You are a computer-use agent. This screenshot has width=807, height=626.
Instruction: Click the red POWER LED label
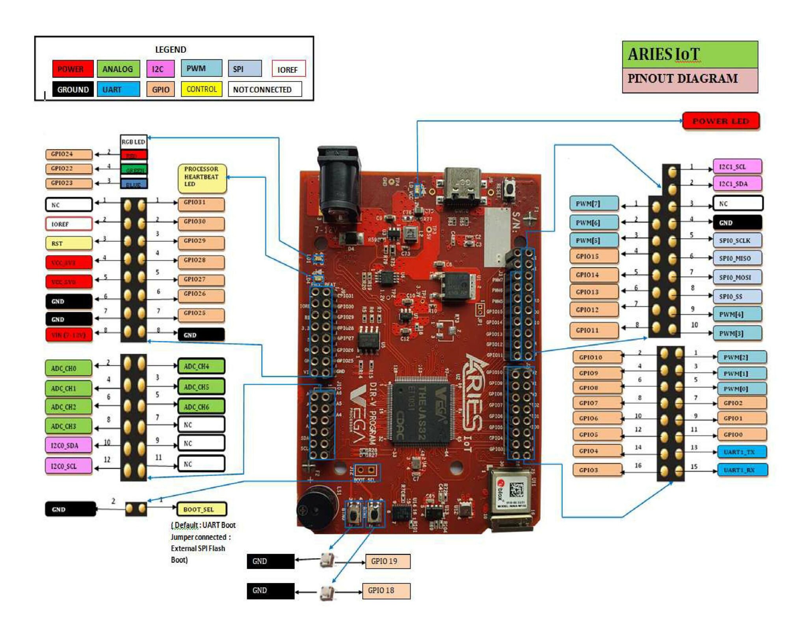coord(720,121)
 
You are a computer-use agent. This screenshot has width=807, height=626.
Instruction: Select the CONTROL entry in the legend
coord(201,89)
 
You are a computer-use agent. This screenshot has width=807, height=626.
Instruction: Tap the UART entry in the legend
coord(118,89)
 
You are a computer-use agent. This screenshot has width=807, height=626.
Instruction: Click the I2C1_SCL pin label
coord(737,167)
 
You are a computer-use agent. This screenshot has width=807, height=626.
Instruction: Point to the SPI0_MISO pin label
coord(737,258)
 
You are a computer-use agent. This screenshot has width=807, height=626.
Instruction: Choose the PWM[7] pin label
coord(593,204)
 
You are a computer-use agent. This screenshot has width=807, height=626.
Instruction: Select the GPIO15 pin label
coord(593,256)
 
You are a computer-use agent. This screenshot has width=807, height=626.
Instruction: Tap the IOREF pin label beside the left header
coord(69,224)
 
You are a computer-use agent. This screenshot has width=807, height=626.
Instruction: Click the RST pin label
coord(69,243)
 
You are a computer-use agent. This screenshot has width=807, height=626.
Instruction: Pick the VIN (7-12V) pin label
coord(69,335)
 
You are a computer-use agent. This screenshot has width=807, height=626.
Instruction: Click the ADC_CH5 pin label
coord(201,387)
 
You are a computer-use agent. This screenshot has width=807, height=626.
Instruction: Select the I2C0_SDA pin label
coord(69,445)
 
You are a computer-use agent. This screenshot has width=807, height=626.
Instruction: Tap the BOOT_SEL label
coord(201,509)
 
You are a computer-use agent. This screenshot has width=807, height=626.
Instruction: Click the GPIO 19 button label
coord(387,561)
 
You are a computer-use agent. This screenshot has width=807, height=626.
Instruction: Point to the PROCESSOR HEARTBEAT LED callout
coord(202,178)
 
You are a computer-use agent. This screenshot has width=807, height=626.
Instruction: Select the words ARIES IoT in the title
coord(664,54)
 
